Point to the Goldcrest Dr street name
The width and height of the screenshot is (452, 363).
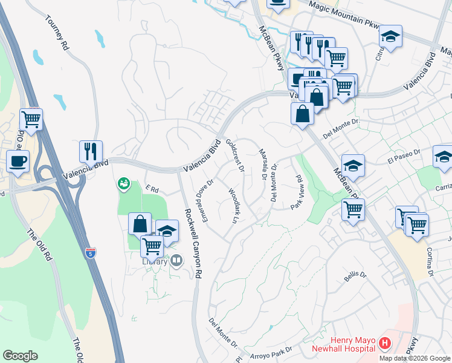tap(234, 155)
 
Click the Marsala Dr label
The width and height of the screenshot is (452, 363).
tap(263, 165)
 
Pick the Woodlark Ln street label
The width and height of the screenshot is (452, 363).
tap(232, 206)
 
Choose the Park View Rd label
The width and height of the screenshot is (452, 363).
tap(297, 192)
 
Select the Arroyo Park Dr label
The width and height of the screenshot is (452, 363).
tap(272, 351)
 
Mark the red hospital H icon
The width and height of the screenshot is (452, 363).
tap(385, 344)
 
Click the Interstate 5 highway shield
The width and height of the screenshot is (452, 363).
tap(91, 252)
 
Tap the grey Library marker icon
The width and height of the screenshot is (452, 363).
tap(176, 261)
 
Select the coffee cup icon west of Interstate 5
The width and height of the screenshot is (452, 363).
tap(18, 161)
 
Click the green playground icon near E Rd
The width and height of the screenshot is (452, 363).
tap(124, 183)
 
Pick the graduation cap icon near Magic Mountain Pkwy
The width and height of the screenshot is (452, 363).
tap(390, 36)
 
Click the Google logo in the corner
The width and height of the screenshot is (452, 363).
tap(21, 356)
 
